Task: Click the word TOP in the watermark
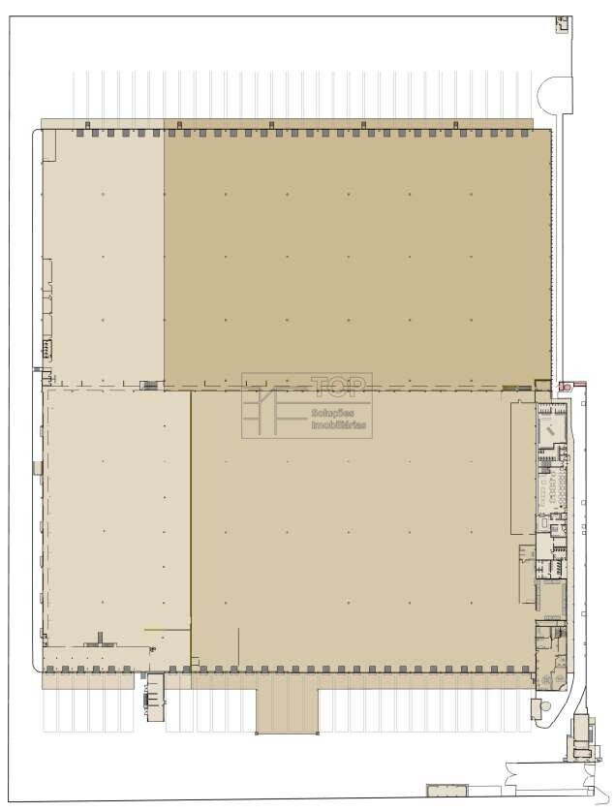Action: click(338, 386)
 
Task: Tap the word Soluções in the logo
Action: click(333, 413)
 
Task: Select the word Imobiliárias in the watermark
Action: click(339, 425)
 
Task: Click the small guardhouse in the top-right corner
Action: click(562, 24)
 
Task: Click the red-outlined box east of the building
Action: click(565, 387)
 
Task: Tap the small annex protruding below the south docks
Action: click(155, 697)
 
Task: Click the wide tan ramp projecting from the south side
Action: click(287, 710)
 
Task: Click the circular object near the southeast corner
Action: click(545, 707)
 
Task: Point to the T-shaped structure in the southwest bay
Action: click(101, 640)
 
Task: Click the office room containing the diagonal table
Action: click(551, 429)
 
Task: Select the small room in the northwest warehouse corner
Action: click(48, 145)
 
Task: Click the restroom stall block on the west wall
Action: click(47, 349)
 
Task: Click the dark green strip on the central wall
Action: click(517, 388)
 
